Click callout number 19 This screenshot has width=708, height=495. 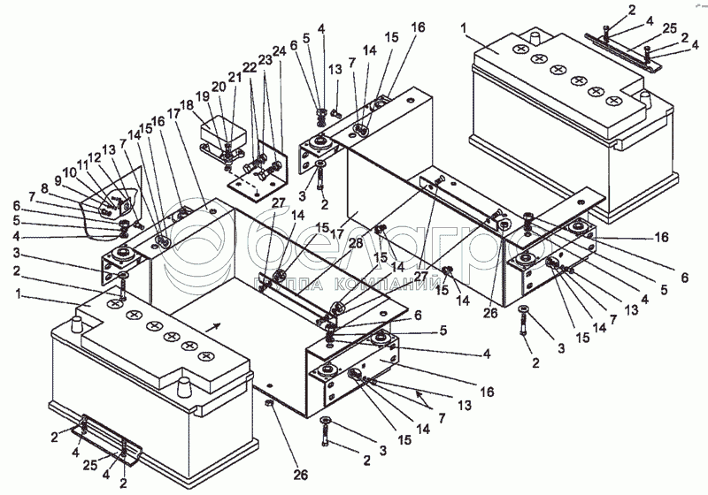click(x=202, y=98)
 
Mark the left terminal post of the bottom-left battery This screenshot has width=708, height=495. click(x=77, y=324)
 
